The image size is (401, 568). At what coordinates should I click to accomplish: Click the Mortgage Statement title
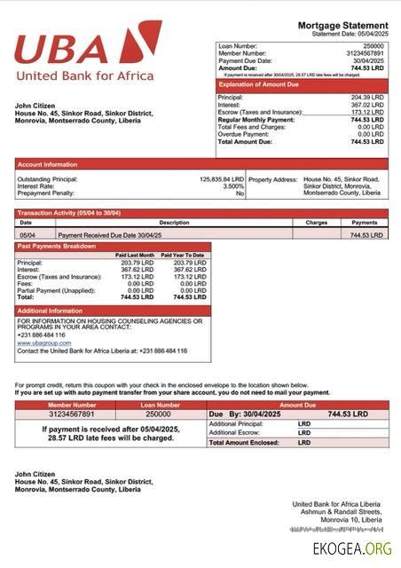tap(342, 25)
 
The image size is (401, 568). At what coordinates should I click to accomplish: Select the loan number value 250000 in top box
tap(373, 45)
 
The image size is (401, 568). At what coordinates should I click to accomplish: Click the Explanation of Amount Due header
tap(256, 85)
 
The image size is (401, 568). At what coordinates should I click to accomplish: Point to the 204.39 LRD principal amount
tap(367, 97)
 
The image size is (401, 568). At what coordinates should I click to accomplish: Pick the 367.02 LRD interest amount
tap(367, 105)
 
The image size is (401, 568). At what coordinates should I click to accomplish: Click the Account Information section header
tap(47, 164)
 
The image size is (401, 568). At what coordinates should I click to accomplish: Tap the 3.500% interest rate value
tap(232, 185)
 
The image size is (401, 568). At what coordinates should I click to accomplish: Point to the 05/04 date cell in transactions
tap(27, 235)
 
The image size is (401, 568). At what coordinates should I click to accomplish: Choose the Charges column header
tap(317, 223)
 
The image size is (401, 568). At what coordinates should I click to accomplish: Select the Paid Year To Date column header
tap(183, 255)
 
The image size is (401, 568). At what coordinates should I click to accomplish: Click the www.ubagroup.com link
tap(43, 343)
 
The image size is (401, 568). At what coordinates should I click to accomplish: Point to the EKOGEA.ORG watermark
tap(352, 548)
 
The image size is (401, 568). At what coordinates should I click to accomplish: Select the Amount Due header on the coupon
tap(297, 405)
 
